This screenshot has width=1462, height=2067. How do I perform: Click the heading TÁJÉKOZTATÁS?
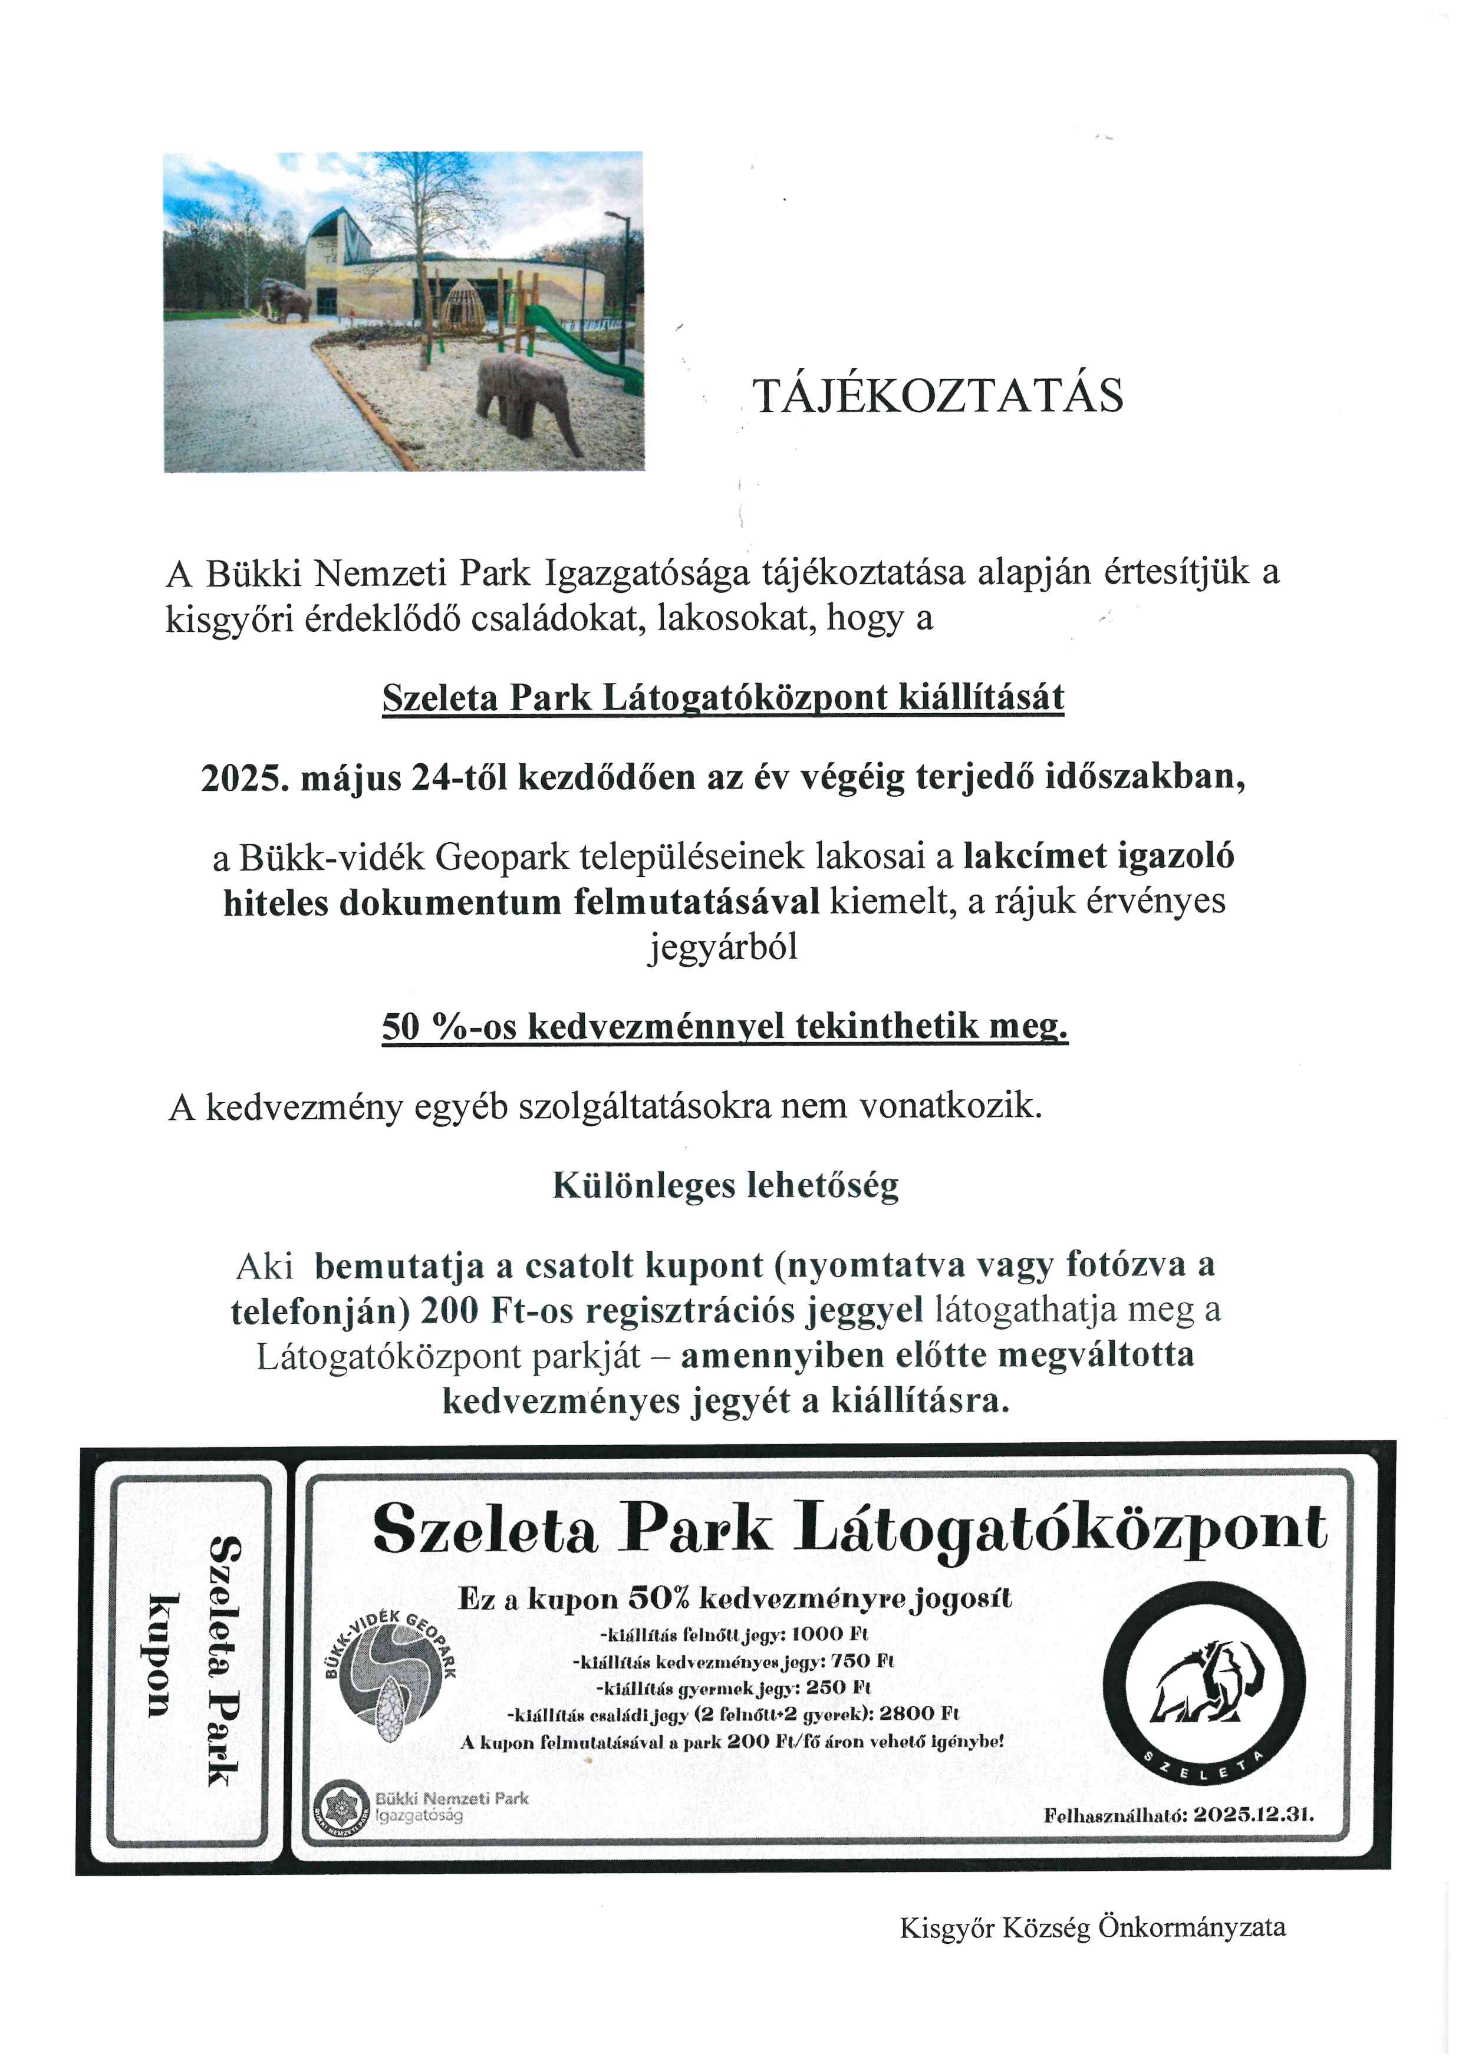pyautogui.click(x=938, y=396)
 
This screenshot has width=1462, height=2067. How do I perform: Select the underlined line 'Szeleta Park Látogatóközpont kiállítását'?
pyautogui.click(x=723, y=698)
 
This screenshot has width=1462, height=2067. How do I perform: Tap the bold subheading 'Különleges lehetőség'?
pyautogui.click(x=726, y=1186)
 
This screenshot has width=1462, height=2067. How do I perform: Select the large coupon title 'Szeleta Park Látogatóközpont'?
pyautogui.click(x=849, y=1531)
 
